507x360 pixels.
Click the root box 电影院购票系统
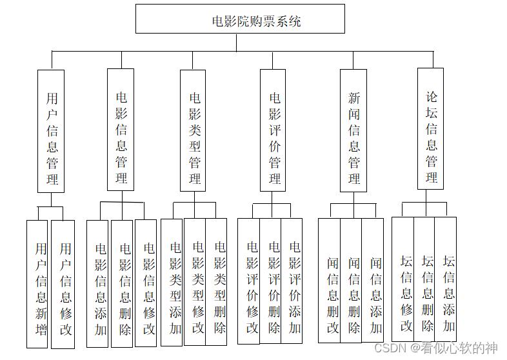[x=240, y=19]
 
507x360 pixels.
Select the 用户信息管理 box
[x=51, y=131]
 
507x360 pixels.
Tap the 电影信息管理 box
[x=121, y=130]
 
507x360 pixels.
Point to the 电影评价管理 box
[x=275, y=130]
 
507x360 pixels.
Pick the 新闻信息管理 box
[x=353, y=130]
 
